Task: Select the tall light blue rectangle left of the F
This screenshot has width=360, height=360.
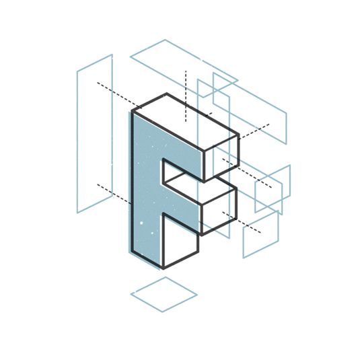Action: coord(94,135)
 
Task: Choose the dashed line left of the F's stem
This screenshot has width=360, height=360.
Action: coord(113,192)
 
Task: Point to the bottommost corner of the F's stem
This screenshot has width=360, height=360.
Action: coord(161,266)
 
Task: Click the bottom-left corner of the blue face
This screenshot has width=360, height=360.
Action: coord(132,252)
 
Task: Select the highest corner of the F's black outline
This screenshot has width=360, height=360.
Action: coord(167,94)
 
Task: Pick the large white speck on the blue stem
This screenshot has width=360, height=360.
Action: coord(142,223)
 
